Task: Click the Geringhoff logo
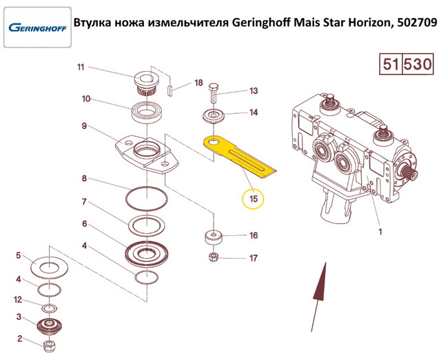(x=37, y=28)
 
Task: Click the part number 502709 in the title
(x=416, y=23)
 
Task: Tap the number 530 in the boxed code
(x=418, y=64)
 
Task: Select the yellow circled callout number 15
(x=253, y=199)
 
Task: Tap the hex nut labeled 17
(x=214, y=257)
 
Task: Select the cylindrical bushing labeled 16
(x=214, y=237)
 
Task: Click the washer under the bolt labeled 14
(x=214, y=116)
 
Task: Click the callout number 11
(x=81, y=68)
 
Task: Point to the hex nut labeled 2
(x=50, y=346)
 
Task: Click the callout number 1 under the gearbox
(x=380, y=232)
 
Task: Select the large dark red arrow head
(x=320, y=281)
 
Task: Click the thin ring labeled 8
(x=147, y=199)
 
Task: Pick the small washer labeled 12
(x=50, y=308)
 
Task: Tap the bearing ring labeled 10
(x=147, y=112)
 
